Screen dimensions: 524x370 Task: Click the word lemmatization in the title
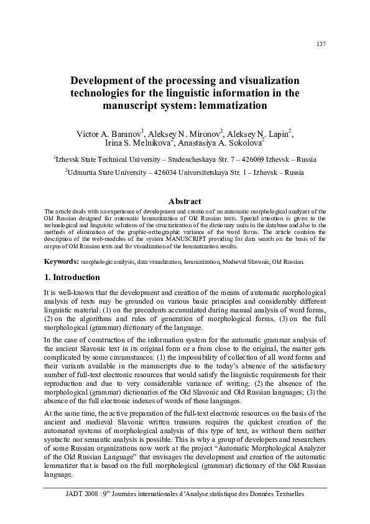pyautogui.click(x=231, y=106)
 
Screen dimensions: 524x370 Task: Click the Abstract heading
pyautogui.click(x=185, y=201)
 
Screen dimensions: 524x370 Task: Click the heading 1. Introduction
pyautogui.click(x=69, y=277)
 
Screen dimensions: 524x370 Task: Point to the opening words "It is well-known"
pyautogui.click(x=66, y=292)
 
